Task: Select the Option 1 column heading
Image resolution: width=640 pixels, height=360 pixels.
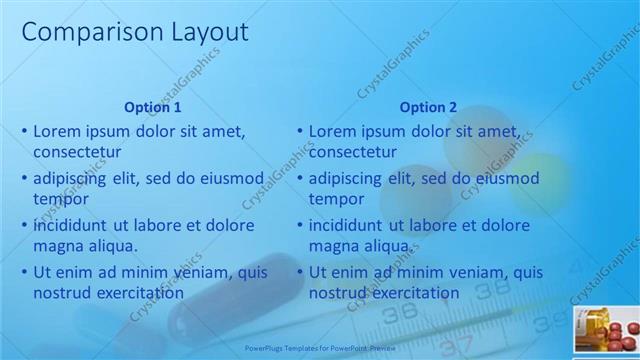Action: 153,107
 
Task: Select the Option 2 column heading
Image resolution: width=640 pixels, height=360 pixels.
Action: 428,107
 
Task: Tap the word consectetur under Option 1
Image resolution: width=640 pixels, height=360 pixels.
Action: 77,152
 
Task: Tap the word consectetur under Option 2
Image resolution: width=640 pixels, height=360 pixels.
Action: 353,152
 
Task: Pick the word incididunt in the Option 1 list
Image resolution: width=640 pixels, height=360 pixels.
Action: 73,225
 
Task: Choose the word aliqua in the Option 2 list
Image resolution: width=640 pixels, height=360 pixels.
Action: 385,246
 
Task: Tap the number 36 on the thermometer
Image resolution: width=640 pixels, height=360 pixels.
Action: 401,313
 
